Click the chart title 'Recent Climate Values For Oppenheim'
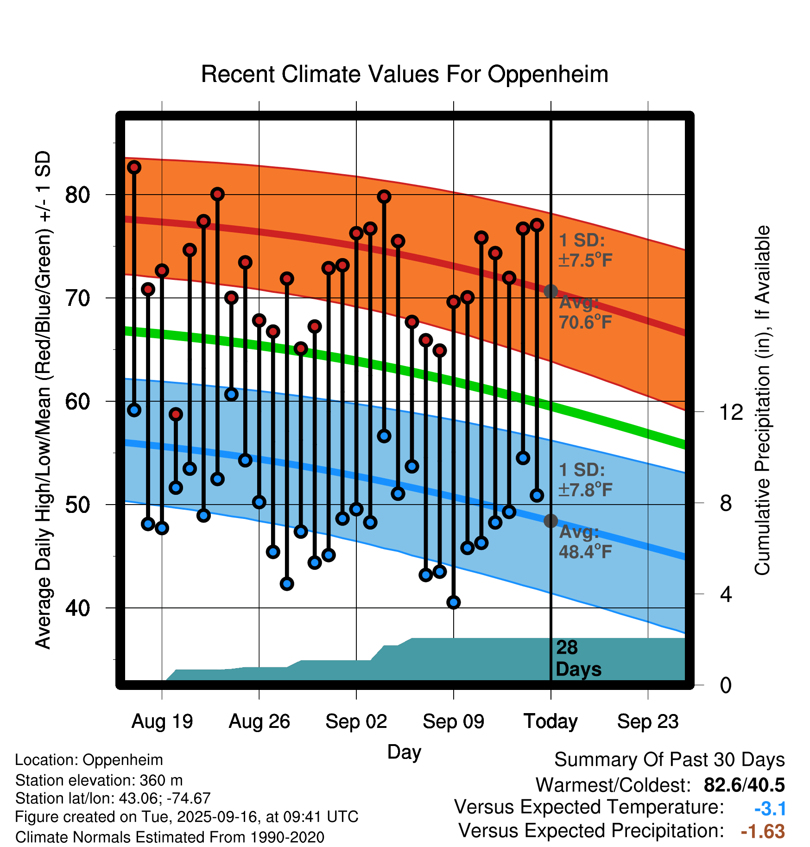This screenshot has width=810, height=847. (x=405, y=75)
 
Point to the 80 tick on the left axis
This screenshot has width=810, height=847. (x=77, y=195)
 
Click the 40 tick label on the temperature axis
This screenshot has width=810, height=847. (x=77, y=608)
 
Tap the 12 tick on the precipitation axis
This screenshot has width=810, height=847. (x=731, y=412)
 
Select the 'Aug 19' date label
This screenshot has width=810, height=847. (x=162, y=721)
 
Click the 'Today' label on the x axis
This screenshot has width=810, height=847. (x=551, y=721)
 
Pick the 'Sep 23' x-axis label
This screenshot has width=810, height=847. (x=648, y=721)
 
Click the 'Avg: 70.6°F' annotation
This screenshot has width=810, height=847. (x=585, y=312)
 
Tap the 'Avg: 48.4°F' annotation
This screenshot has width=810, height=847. (x=585, y=542)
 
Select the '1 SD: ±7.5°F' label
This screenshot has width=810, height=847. (x=585, y=250)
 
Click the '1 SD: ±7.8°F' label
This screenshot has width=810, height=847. (x=585, y=480)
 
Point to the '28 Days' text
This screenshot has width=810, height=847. (x=578, y=658)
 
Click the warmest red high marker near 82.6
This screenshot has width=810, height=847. (x=134, y=167)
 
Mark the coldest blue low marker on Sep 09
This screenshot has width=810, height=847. (x=454, y=602)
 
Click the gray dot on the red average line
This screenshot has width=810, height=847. (x=551, y=291)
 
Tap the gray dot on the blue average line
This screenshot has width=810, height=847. (x=551, y=521)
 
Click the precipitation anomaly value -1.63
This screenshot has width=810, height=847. (x=763, y=831)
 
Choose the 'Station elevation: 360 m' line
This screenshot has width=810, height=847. (x=99, y=780)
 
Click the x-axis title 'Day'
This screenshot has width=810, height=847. (x=404, y=752)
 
